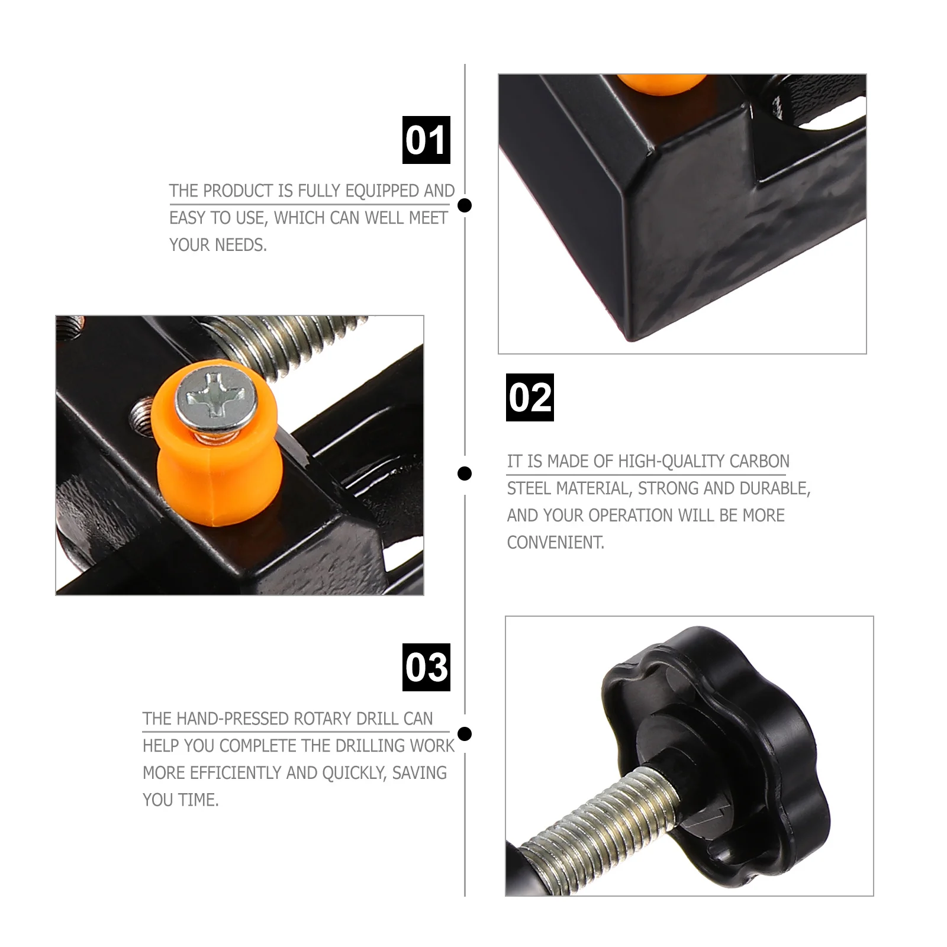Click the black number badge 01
pyautogui.click(x=426, y=140)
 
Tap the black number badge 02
pyautogui.click(x=530, y=397)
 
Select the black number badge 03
pyautogui.click(x=426, y=667)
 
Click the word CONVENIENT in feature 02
pyautogui.click(x=555, y=543)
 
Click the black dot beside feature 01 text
pyautogui.click(x=465, y=205)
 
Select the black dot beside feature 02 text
pyautogui.click(x=465, y=474)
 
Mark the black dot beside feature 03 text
pyautogui.click(x=465, y=734)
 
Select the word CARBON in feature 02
pyautogui.click(x=759, y=462)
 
